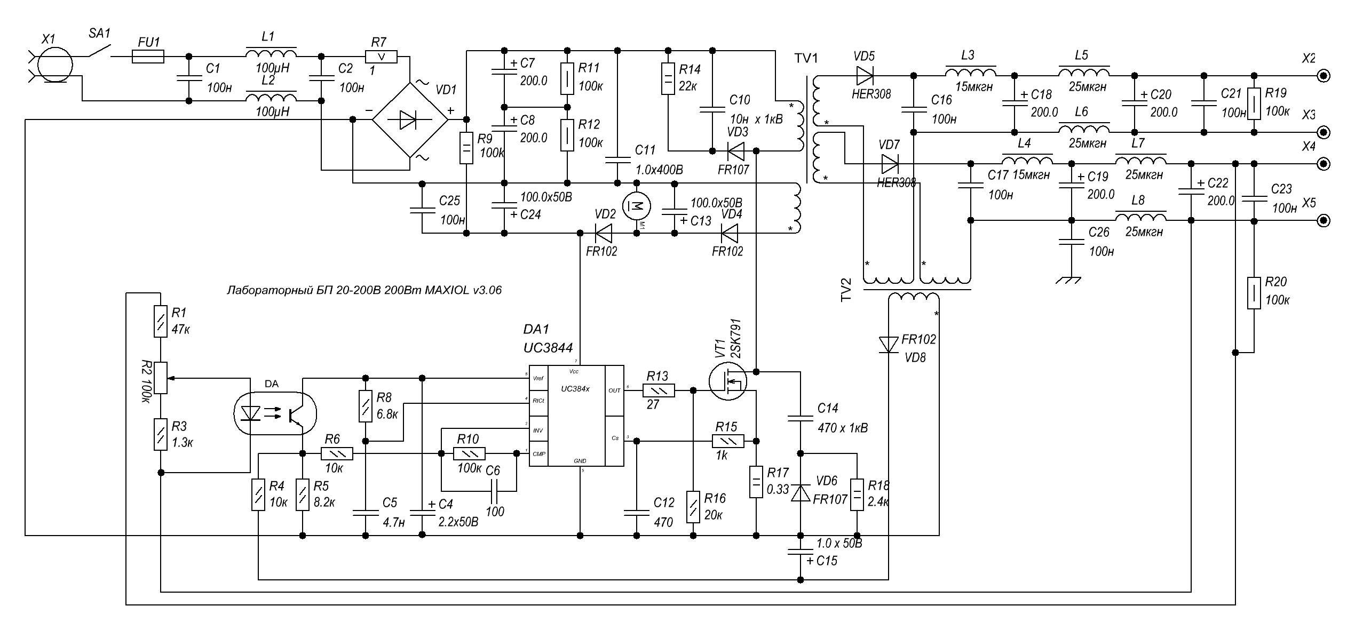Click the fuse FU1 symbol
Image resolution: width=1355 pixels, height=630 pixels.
147,56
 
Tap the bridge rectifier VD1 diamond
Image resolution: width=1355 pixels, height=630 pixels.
409,120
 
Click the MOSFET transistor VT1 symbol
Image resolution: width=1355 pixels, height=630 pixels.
728,381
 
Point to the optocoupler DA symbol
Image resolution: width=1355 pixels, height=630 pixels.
275,413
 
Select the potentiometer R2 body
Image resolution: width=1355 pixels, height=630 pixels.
161,378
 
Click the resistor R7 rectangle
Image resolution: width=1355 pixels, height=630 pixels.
381,57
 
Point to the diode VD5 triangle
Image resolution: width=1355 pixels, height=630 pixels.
865,75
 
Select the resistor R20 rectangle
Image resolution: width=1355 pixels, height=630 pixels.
1254,292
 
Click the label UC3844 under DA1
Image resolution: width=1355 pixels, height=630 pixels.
548,348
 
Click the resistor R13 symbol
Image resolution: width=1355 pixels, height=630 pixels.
659,391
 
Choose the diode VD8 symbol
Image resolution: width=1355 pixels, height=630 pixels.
889,345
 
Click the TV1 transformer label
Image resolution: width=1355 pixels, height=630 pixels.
806,58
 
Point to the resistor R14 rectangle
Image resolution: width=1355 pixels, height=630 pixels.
668,78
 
